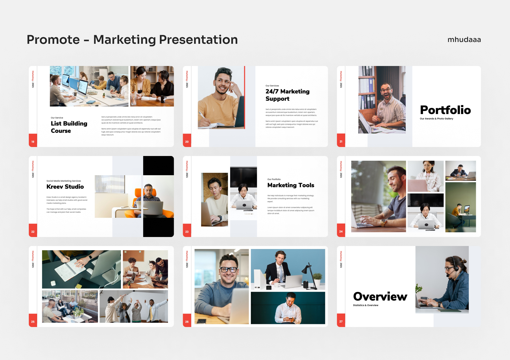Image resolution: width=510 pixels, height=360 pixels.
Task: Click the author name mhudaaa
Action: click(x=464, y=40)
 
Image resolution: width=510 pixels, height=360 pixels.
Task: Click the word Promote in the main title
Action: click(x=53, y=40)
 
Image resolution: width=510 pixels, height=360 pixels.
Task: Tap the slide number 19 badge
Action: click(x=33, y=141)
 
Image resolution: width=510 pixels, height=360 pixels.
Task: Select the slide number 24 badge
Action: click(x=341, y=231)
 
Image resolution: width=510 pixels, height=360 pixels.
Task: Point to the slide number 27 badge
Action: click(x=341, y=321)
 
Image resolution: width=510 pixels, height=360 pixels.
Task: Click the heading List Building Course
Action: click(x=69, y=127)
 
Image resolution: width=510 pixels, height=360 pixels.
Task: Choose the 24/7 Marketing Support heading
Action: click(x=287, y=95)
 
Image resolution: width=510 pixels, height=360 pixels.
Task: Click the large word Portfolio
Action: click(x=445, y=110)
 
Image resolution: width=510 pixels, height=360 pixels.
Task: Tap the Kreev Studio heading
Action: click(x=65, y=187)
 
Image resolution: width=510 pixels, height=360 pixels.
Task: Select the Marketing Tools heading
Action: click(x=291, y=185)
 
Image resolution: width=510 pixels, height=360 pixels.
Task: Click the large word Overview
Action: click(x=380, y=296)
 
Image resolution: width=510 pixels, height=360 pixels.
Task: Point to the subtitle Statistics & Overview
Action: click(x=365, y=305)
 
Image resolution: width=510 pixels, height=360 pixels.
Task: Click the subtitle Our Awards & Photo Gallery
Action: click(x=436, y=119)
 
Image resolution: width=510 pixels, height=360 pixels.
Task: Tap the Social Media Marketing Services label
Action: click(x=64, y=181)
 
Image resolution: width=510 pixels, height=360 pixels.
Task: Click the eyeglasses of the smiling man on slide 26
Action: click(x=228, y=269)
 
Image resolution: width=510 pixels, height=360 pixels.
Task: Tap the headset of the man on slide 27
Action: click(x=454, y=267)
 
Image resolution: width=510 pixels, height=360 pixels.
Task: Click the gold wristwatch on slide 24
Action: click(x=383, y=222)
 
